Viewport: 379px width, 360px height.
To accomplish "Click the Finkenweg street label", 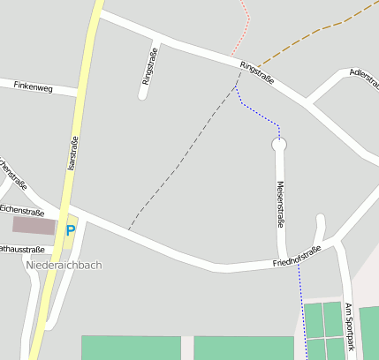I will click(34, 86).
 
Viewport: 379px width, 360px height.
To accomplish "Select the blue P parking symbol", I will click(71, 230).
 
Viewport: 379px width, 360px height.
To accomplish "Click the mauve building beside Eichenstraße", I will click(34, 225).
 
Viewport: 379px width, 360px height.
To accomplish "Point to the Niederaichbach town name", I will click(64, 265).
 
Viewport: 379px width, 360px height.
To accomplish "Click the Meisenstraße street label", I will click(280, 204).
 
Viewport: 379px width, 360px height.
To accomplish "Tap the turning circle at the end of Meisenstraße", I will click(279, 144).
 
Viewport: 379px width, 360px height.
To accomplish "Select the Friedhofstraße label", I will click(297, 256).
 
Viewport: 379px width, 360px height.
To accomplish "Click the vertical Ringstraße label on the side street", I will click(148, 71).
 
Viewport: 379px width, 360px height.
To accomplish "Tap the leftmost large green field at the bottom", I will click(131, 347).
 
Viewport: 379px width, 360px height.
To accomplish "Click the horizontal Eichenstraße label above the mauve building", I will click(22, 212).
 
